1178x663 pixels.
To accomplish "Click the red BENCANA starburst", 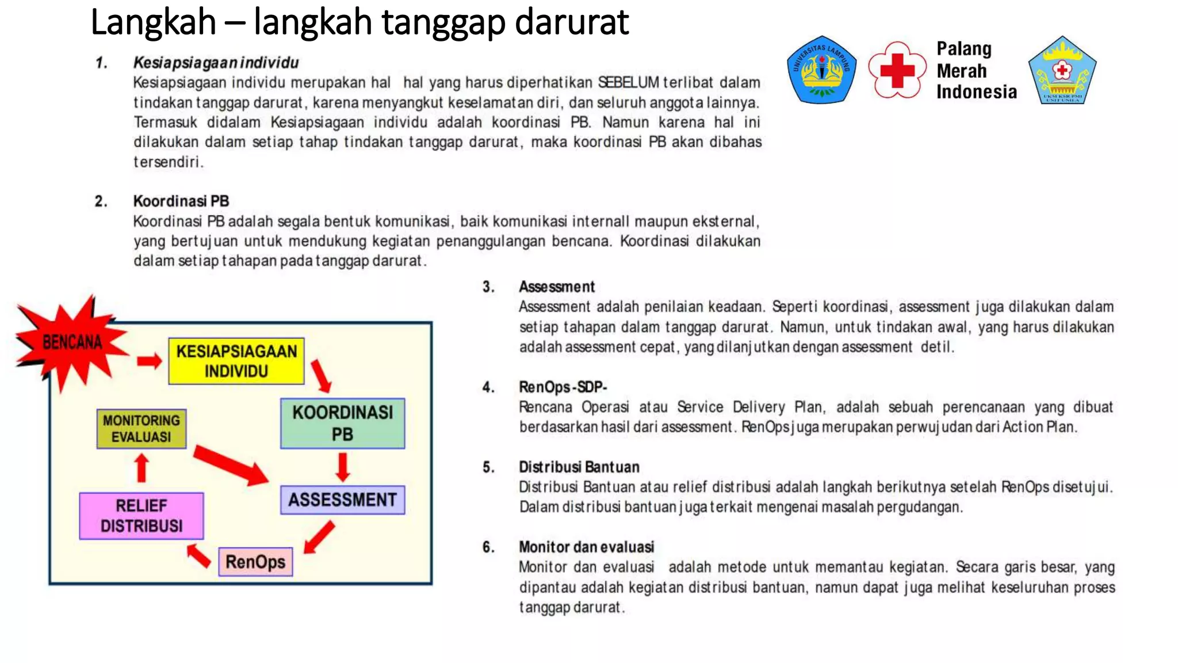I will point(72,344).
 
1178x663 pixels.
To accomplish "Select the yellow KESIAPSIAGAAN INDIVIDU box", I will point(236,361).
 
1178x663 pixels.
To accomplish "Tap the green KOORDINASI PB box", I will point(342,423).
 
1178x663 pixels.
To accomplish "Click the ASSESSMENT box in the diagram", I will point(342,500).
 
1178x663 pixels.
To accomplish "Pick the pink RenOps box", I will point(255,562).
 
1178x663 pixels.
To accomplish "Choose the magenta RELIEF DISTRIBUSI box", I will point(141,516).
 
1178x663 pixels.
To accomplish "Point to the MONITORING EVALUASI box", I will point(141,428).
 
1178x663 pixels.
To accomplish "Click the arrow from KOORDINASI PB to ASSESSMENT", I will point(343,467).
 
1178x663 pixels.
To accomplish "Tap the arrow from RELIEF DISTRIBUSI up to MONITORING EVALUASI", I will point(142,468).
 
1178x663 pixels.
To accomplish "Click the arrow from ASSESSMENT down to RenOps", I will point(319,537).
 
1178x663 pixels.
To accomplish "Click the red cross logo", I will point(897,70).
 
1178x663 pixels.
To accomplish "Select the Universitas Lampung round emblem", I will point(821,70).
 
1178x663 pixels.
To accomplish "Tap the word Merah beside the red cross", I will point(961,71).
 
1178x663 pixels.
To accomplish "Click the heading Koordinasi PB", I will point(181,201).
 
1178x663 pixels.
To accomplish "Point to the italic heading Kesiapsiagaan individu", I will point(216,62).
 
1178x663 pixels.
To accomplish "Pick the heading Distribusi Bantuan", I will point(579,467).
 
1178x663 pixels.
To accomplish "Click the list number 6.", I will point(488,547).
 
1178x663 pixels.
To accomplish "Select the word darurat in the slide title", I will point(572,22).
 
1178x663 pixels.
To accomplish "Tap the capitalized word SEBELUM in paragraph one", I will point(628,82).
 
